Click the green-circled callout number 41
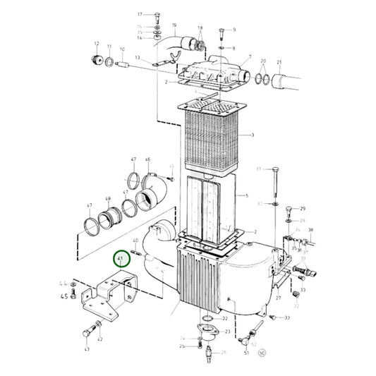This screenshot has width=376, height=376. (121, 259)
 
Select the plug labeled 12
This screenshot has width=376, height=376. (97, 58)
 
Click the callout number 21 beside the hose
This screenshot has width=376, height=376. (279, 62)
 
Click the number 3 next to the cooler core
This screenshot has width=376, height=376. (252, 133)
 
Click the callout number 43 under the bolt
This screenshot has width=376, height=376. (87, 348)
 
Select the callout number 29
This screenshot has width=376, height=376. (303, 210)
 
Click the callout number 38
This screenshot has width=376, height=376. (311, 230)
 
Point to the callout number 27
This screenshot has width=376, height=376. (279, 298)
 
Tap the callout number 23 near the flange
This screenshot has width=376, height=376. (227, 332)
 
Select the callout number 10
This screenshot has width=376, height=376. (123, 49)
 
